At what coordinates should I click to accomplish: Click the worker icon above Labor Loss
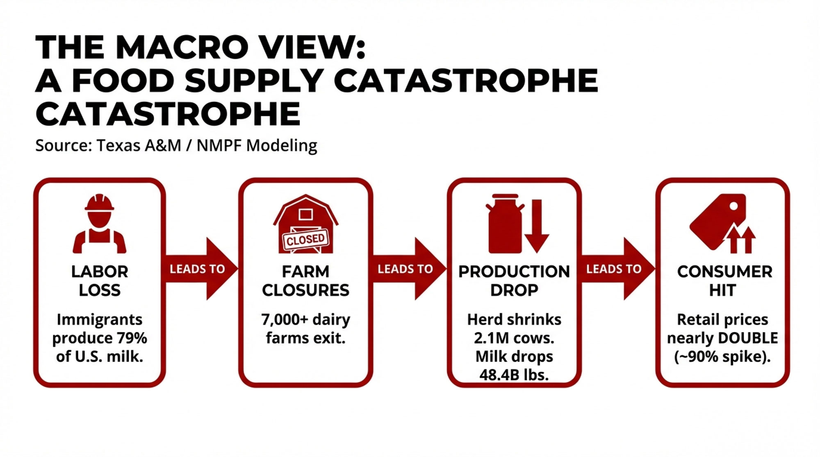99,223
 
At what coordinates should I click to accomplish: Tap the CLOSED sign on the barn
305,239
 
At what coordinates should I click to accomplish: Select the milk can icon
505,223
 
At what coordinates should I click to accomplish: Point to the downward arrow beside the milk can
536,226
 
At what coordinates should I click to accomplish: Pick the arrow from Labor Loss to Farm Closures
201,269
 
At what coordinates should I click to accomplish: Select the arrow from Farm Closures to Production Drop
409,269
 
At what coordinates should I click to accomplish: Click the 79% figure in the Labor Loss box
132,338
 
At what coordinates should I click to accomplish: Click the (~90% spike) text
722,357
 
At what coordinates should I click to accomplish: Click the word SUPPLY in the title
254,80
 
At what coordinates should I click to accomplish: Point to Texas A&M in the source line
139,145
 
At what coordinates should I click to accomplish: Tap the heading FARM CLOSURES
305,281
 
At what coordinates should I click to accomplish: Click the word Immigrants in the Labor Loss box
99,319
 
